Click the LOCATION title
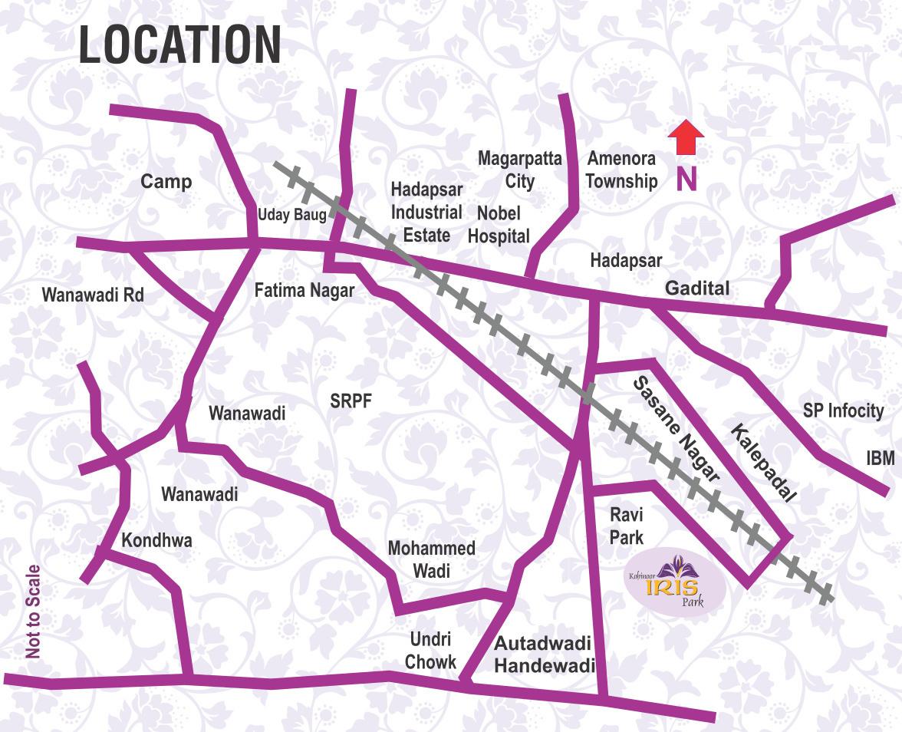pyautogui.click(x=179, y=45)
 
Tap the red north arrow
pyautogui.click(x=686, y=138)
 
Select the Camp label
pyautogui.click(x=166, y=182)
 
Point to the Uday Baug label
pyautogui.click(x=292, y=215)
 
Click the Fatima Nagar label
pyautogui.click(x=305, y=291)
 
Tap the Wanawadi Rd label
pyautogui.click(x=93, y=295)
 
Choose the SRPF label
pyautogui.click(x=351, y=401)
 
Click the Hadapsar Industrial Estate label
pyautogui.click(x=426, y=212)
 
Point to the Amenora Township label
pyautogui.click(x=621, y=170)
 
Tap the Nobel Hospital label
pyautogui.click(x=499, y=225)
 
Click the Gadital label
pyautogui.click(x=697, y=289)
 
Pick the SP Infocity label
pyautogui.click(x=843, y=411)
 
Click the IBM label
pyautogui.click(x=881, y=458)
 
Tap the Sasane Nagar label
pyautogui.click(x=675, y=429)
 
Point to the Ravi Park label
pyautogui.click(x=626, y=525)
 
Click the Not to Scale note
pyautogui.click(x=33, y=612)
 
